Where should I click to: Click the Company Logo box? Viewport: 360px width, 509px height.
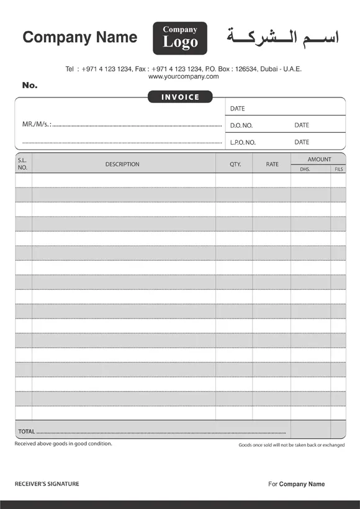tap(180, 38)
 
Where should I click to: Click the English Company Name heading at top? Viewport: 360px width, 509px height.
tap(79, 37)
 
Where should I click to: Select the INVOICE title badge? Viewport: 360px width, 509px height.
tap(180, 97)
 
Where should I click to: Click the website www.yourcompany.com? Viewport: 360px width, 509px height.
tap(184, 77)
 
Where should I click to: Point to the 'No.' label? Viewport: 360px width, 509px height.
tap(30, 85)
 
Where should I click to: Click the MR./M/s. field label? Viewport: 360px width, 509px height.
tap(37, 125)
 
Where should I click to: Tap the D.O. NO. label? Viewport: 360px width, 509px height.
tap(241, 125)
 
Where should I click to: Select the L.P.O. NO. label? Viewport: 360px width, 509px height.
tap(243, 143)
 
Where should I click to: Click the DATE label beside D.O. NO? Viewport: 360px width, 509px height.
tap(302, 125)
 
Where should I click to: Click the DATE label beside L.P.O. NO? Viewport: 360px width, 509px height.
tap(302, 142)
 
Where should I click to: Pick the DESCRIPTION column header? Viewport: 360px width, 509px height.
tap(122, 164)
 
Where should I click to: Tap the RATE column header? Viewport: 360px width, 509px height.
tap(272, 164)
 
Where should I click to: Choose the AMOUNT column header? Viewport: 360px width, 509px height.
tap(319, 160)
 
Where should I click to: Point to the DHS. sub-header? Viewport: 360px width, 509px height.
tap(305, 169)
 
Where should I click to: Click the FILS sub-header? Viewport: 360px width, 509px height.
tap(339, 169)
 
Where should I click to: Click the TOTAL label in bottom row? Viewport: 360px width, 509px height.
tap(26, 431)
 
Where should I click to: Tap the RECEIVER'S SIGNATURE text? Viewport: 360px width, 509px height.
tap(47, 484)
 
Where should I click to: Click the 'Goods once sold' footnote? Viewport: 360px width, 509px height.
tap(291, 445)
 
